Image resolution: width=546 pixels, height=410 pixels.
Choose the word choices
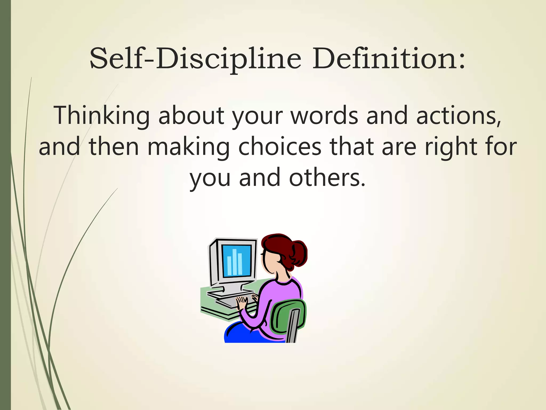[280, 147]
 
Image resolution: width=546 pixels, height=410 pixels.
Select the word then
[114, 147]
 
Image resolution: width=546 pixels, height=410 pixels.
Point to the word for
[501, 147]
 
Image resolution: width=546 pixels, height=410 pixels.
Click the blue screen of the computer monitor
[236, 261]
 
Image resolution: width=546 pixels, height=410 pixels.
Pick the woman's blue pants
[240, 335]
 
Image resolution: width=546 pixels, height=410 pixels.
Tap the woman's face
[269, 260]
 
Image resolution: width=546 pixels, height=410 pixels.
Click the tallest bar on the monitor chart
[235, 262]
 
